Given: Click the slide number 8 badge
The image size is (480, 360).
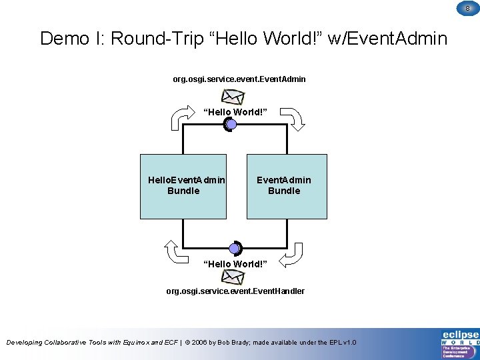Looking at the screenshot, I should [467, 8].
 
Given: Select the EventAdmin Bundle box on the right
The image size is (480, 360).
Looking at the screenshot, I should [287, 186].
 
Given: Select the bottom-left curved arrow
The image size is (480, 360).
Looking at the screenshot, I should [177, 252].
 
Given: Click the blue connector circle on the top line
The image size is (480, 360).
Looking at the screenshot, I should [231, 124].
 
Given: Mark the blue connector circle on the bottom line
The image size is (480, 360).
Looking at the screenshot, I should [234, 249].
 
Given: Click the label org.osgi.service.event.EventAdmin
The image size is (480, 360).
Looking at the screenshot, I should [239, 79].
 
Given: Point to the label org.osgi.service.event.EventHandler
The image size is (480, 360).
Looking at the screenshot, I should [235, 291].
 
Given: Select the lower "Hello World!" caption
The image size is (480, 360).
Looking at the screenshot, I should [235, 264].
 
